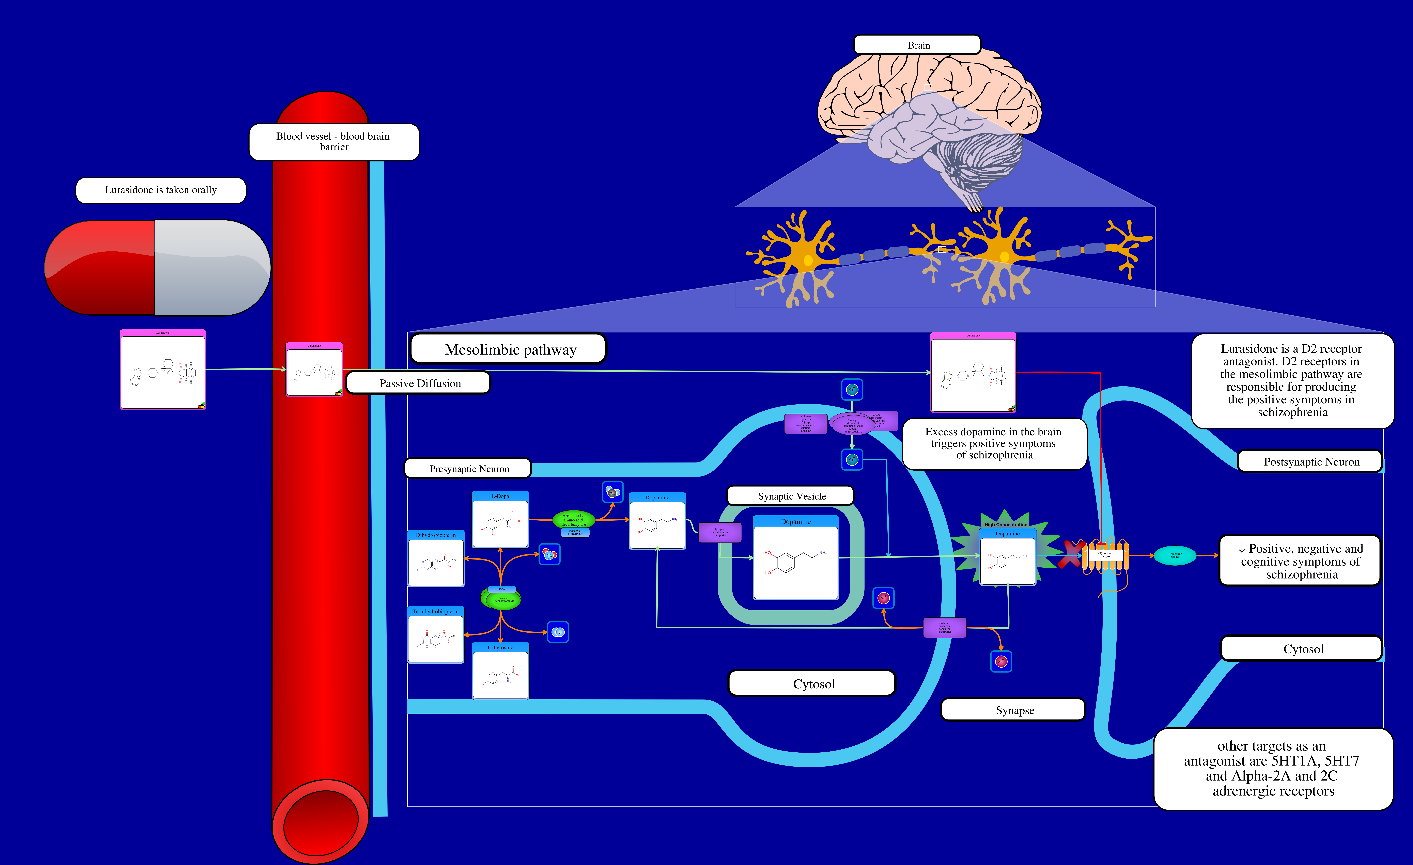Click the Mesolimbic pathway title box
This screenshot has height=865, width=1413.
point(509,349)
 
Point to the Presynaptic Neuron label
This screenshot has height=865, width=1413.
point(468,468)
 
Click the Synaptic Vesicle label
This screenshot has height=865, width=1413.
point(791,496)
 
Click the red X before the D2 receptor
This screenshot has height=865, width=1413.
point(1070,554)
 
